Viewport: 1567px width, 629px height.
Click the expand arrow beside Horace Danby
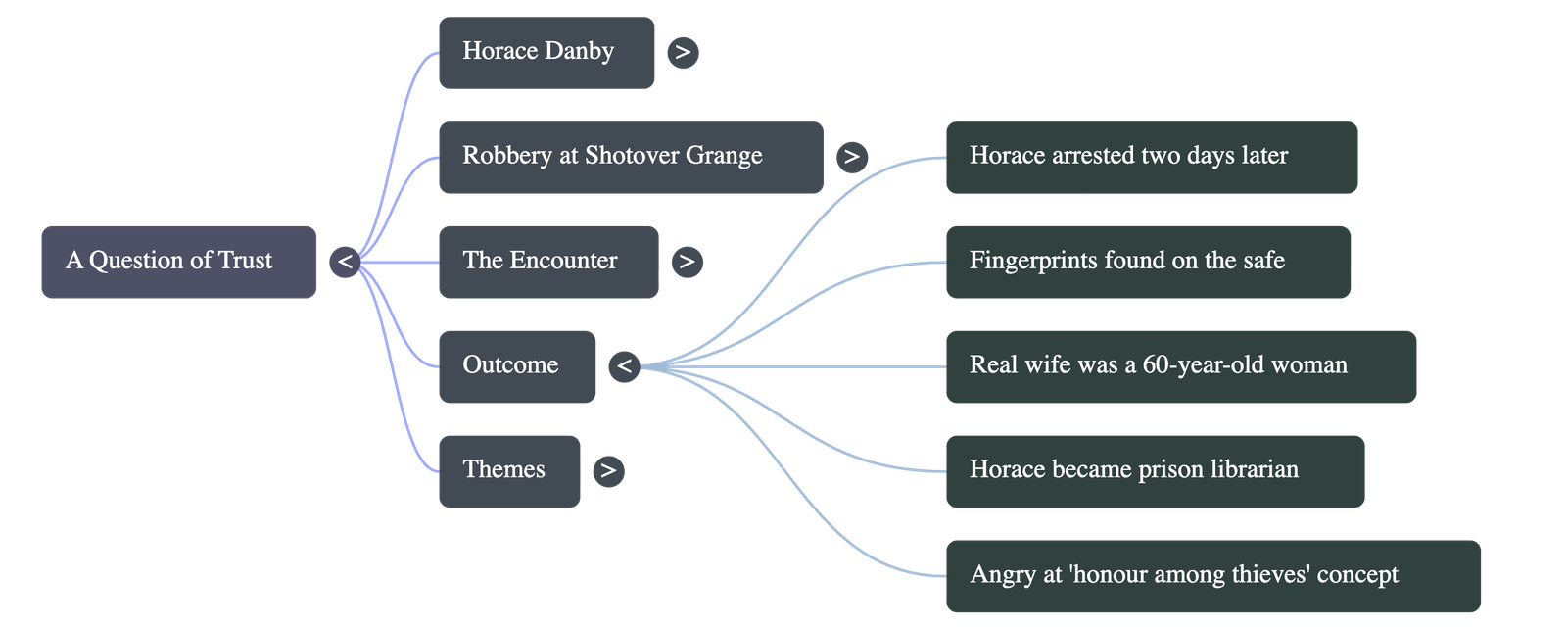(683, 52)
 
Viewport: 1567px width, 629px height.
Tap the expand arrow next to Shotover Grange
(852, 157)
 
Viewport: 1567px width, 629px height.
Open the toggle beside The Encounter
(687, 262)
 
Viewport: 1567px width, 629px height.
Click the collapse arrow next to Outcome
(624, 366)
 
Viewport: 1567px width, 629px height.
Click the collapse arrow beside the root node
(345, 262)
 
